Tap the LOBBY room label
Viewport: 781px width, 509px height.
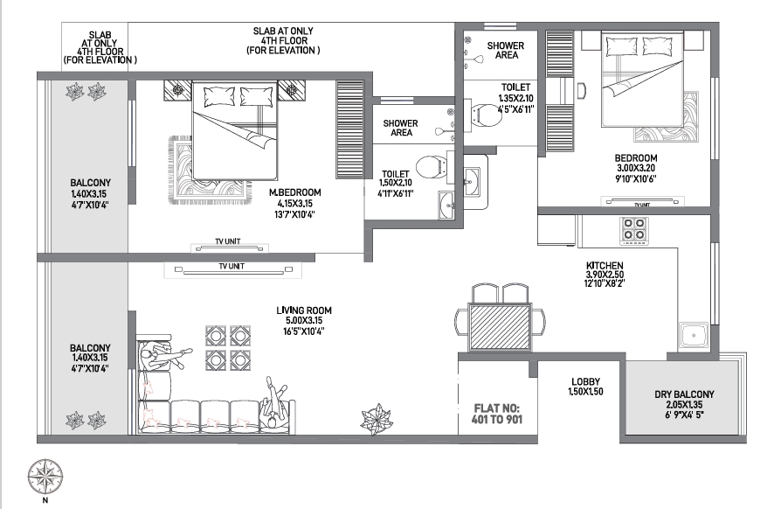[x=584, y=381]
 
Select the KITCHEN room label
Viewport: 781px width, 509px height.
[x=605, y=265]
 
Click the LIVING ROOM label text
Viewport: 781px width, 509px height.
[x=304, y=310]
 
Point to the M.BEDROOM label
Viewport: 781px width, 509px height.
[x=295, y=192]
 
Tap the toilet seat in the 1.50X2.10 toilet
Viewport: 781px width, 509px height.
[x=428, y=166]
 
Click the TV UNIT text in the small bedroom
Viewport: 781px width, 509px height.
[x=641, y=205]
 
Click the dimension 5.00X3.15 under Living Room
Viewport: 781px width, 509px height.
[x=304, y=321]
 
